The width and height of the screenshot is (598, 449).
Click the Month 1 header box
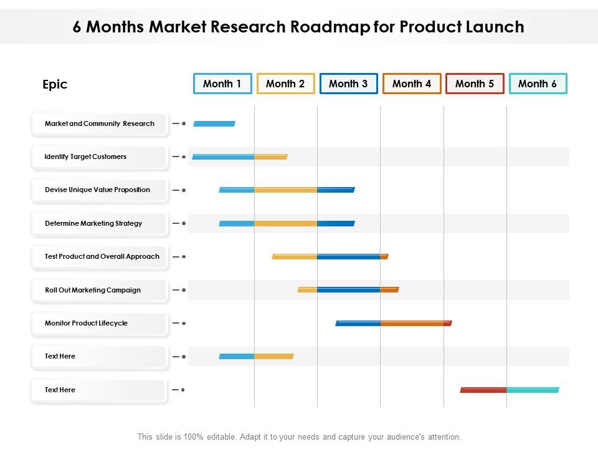point(223,84)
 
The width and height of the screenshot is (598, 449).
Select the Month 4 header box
point(412,84)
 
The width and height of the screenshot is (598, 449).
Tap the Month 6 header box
point(538,84)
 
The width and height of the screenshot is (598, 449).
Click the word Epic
point(55,84)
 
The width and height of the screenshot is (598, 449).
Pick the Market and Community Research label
point(100,123)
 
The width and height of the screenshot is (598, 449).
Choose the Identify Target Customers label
point(85,157)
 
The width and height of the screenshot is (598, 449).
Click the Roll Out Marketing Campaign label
point(93,290)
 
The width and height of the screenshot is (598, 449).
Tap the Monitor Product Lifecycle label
point(86,323)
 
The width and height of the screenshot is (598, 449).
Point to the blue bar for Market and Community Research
point(214,123)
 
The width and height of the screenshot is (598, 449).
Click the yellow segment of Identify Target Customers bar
point(271,157)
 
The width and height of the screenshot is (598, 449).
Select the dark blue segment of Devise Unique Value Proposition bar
point(336,190)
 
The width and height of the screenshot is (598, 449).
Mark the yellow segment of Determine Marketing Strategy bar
point(286,223)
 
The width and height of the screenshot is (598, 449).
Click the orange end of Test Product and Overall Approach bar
point(384,256)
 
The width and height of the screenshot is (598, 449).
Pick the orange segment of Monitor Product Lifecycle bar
point(412,324)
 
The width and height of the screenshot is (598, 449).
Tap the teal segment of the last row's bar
point(533,390)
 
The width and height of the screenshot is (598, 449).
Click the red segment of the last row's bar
point(483,390)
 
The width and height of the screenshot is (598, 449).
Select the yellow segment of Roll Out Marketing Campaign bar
point(307,290)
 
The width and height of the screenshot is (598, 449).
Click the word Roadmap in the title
point(330,27)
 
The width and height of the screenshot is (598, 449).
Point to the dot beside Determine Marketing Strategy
point(184,223)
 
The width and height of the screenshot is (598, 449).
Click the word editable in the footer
point(221,437)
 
